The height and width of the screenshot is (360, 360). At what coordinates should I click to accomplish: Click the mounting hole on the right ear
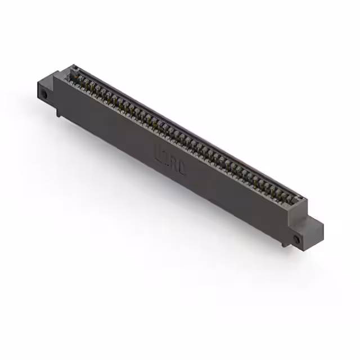click(x=297, y=240)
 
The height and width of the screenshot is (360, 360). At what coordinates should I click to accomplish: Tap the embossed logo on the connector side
click(x=169, y=159)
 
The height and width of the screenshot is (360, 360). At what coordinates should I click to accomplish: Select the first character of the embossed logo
click(x=158, y=151)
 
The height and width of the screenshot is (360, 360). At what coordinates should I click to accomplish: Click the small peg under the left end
click(x=58, y=115)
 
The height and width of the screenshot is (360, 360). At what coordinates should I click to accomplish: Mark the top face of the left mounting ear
click(x=51, y=79)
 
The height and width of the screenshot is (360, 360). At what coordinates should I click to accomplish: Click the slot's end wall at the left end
click(x=71, y=71)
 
